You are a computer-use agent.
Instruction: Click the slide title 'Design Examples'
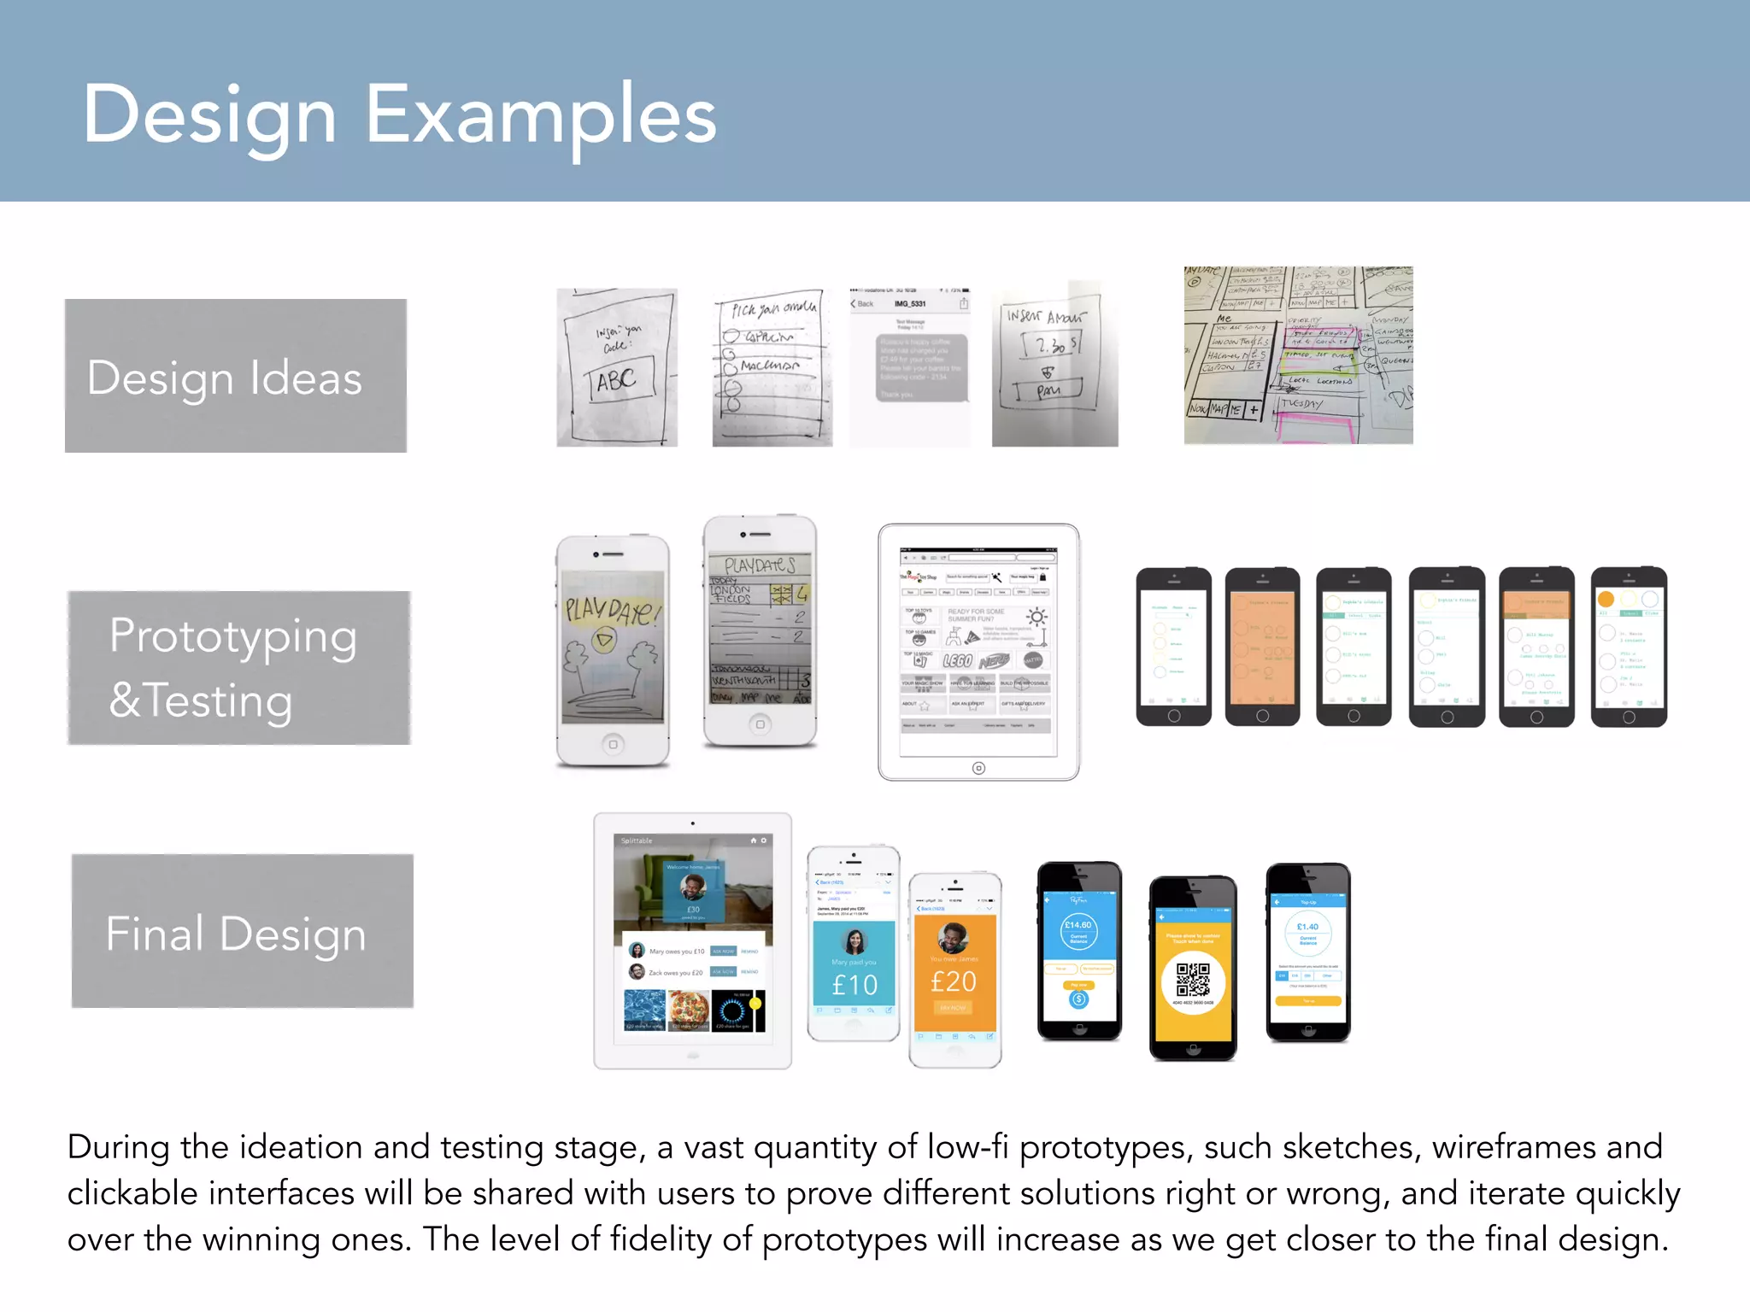click(x=399, y=115)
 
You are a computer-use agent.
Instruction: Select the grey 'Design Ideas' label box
click(x=236, y=376)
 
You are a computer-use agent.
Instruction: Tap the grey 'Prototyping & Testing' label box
click(x=238, y=667)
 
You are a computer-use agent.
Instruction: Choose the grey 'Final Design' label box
click(x=242, y=931)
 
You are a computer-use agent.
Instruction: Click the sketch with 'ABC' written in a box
click(x=617, y=368)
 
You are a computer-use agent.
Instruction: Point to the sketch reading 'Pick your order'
click(x=772, y=368)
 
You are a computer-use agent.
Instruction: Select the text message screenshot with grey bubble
click(x=910, y=368)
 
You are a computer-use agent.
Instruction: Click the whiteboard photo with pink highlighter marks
click(x=1298, y=355)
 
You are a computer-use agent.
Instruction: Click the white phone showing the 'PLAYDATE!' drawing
click(x=612, y=649)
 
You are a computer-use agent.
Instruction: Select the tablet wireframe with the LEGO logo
click(x=978, y=652)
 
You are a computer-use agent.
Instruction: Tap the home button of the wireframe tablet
click(x=978, y=768)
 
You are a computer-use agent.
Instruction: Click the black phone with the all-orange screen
click(x=1262, y=646)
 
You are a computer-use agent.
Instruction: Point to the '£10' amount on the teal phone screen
click(x=854, y=985)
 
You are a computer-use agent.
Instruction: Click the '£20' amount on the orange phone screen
click(x=954, y=981)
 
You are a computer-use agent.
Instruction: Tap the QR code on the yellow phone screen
click(x=1193, y=980)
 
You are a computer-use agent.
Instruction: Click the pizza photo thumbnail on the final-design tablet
click(x=689, y=1010)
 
